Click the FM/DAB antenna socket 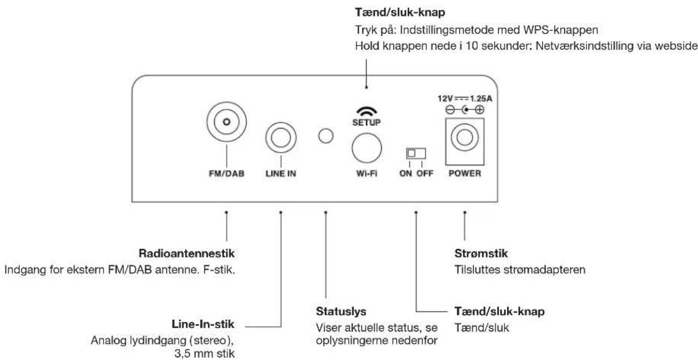pyautogui.click(x=227, y=122)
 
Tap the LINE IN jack pyautogui.click(x=281, y=137)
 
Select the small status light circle pyautogui.click(x=326, y=136)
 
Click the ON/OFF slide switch pyautogui.click(x=416, y=153)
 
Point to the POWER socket pyautogui.click(x=465, y=141)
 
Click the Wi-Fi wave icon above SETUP pyautogui.click(x=367, y=112)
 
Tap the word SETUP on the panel pyautogui.click(x=367, y=122)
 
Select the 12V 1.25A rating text pyautogui.click(x=465, y=99)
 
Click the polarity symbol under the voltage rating pyautogui.click(x=465, y=110)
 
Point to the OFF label pyautogui.click(x=425, y=173)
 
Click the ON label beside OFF pyautogui.click(x=406, y=173)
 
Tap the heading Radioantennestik pyautogui.click(x=186, y=253)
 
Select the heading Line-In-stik pyautogui.click(x=203, y=324)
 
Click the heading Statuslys pyautogui.click(x=341, y=311)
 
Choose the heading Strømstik pyautogui.click(x=481, y=253)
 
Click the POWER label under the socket pyautogui.click(x=465, y=173)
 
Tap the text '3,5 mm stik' pyautogui.click(x=204, y=354)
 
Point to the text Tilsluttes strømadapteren pyautogui.click(x=520, y=269)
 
